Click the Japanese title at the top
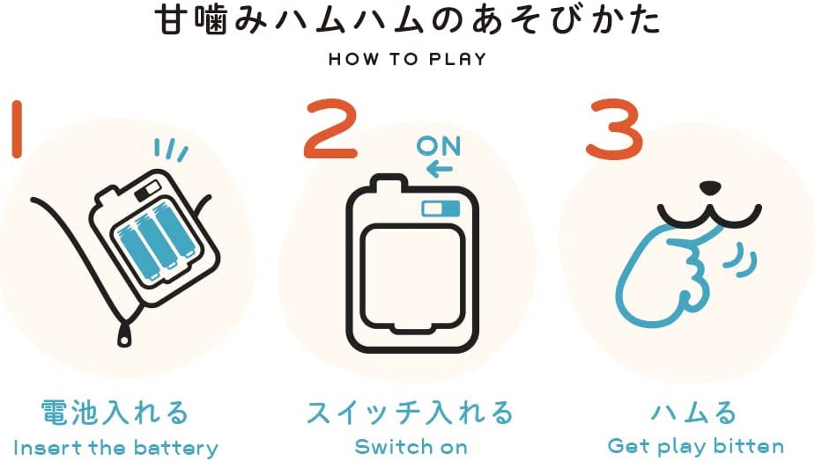pos(408,22)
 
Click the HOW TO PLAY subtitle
pos(408,59)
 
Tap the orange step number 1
pos(17,128)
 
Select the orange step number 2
pos(331,128)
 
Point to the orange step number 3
pos(614,128)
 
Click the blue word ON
pos(439,146)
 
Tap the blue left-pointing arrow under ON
pos(439,169)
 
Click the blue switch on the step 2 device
pos(441,209)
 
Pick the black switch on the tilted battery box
pos(147,191)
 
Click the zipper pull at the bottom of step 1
pos(123,333)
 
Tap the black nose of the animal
pos(710,187)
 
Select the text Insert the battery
pos(115,448)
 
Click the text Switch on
pos(411,446)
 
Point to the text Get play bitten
pos(695,446)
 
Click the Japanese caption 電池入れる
pos(115,413)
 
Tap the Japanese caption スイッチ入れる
pos(410,413)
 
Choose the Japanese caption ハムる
pos(694,413)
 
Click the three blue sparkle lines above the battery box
pos(171,150)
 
